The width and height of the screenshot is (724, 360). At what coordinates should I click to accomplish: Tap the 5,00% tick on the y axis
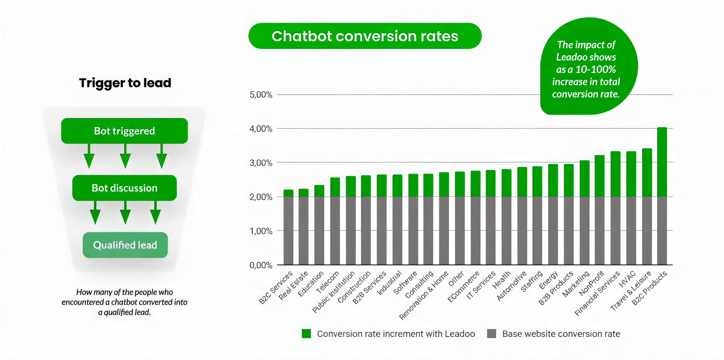(261, 95)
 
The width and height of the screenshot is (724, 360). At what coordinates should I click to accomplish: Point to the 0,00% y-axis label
(261, 265)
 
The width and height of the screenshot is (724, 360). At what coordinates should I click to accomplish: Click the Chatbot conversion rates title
(365, 36)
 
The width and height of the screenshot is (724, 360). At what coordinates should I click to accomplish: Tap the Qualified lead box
(125, 245)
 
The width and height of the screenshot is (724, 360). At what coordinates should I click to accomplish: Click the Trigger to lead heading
(125, 83)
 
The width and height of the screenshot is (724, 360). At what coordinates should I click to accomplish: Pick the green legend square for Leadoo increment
(306, 334)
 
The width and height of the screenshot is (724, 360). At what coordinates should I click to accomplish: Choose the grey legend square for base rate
(491, 334)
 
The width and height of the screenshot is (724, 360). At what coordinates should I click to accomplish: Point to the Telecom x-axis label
(328, 282)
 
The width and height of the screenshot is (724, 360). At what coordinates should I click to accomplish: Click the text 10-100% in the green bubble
(595, 69)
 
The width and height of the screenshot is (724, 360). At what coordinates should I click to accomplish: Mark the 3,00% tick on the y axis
(261, 163)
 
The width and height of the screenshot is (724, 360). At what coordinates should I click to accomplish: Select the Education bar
(319, 225)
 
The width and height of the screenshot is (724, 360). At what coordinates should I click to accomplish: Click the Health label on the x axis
(501, 280)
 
